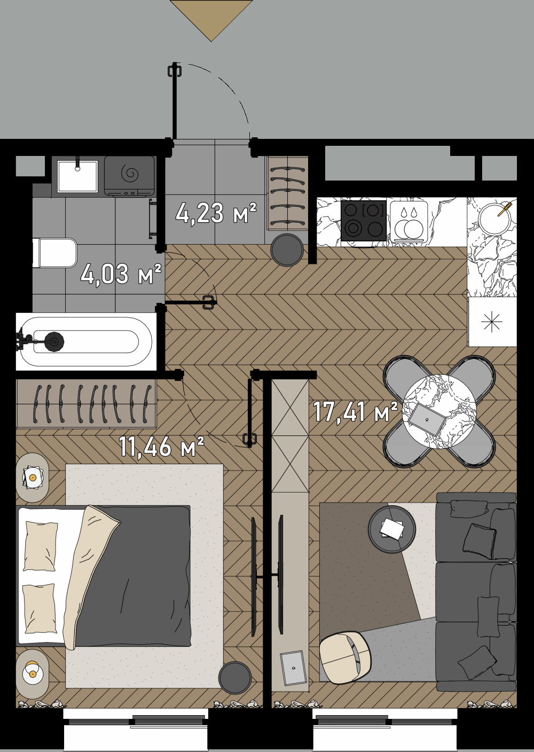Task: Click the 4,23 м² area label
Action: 216,213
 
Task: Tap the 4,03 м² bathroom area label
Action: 121,274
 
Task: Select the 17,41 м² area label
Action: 356,412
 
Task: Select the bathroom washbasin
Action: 78,176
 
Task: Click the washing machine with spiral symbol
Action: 129,176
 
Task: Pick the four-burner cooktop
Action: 364,221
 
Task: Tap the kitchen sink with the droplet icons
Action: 409,221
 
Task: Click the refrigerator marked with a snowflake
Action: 492,322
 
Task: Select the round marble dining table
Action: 439,412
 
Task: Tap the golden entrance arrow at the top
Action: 211,20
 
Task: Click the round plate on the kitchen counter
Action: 494,219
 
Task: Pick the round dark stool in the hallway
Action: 287,250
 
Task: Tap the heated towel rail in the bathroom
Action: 153,218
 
